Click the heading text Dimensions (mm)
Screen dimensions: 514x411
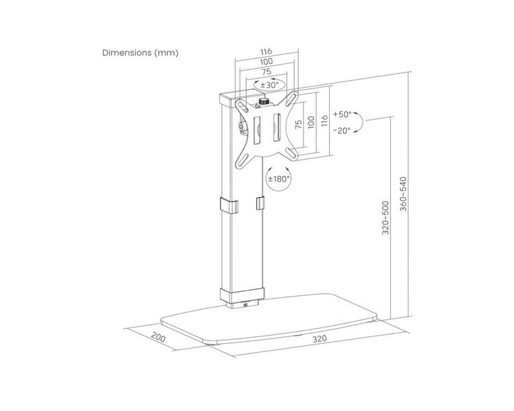(140, 53)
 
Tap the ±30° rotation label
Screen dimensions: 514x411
(269, 85)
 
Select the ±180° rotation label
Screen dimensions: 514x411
(279, 179)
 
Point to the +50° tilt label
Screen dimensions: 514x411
(342, 114)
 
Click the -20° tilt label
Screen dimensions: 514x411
(342, 130)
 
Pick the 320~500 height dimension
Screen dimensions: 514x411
(385, 218)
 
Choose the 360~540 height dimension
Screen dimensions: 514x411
(403, 194)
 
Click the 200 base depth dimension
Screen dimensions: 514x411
(158, 337)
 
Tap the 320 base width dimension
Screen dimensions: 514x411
(319, 338)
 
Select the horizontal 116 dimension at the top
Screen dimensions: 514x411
(266, 51)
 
